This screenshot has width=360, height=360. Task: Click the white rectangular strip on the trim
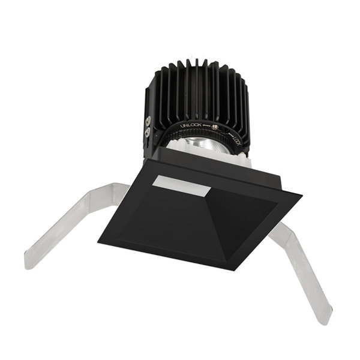[179, 187]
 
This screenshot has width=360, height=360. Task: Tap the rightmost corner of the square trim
[302, 194]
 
